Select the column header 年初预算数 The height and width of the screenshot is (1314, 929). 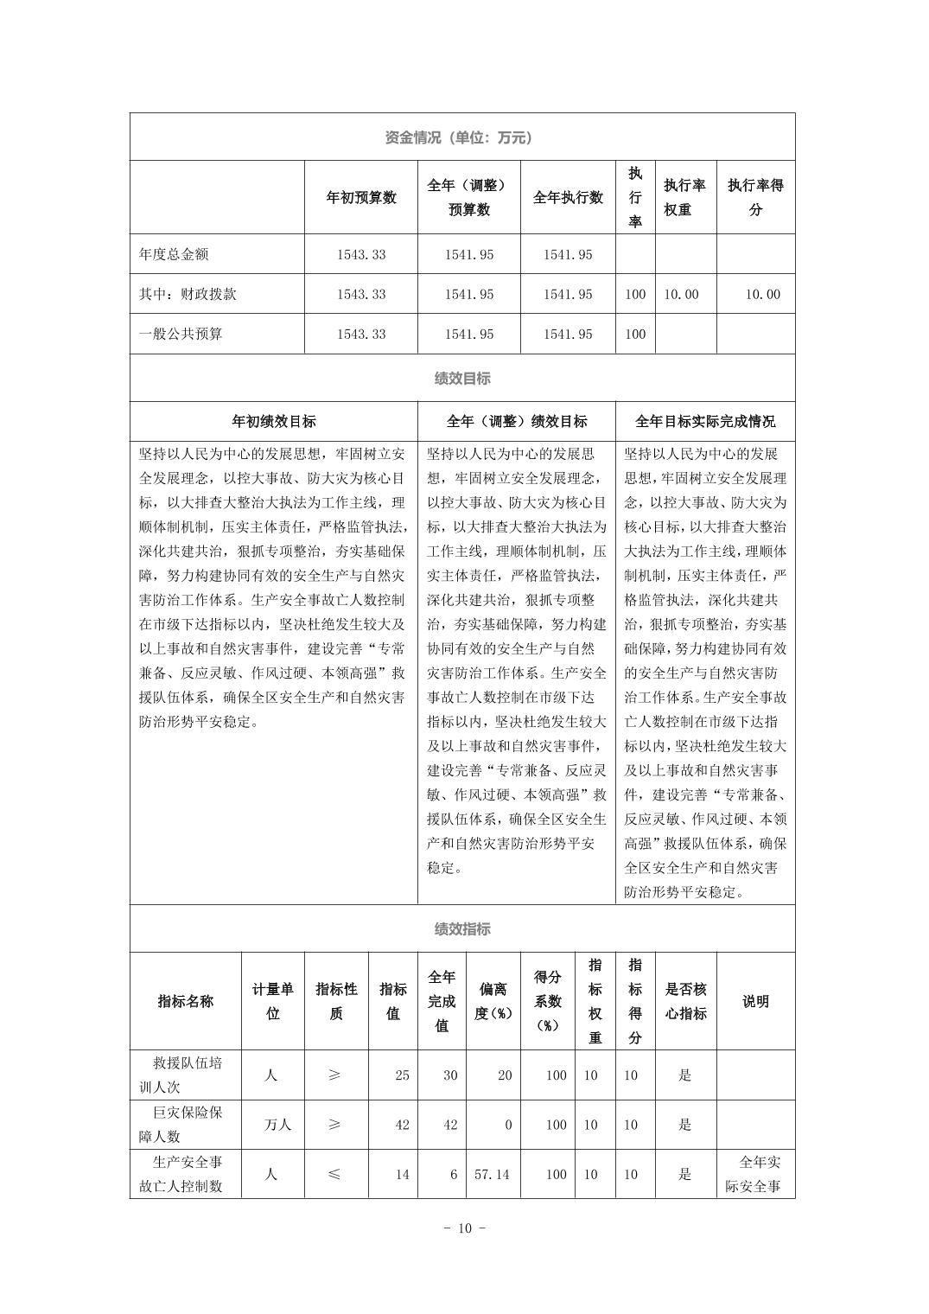coord(360,198)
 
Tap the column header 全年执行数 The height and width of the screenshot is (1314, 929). coord(568,198)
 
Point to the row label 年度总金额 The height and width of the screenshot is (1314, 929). coord(174,255)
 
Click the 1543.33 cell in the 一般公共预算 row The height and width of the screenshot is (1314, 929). coord(361,335)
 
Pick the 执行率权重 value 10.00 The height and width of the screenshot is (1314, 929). coord(681,295)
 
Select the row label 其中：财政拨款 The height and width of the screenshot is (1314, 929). coord(188,295)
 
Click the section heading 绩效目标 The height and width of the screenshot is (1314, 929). coord(462,379)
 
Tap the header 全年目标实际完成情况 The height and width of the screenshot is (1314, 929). coord(705,422)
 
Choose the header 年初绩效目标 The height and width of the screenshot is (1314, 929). coord(274,422)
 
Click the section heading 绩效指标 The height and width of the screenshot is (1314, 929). coord(462,929)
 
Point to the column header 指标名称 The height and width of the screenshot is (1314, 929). coord(186,1002)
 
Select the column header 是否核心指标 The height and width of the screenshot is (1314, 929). coord(685,1002)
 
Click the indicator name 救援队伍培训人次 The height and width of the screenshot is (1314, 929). coord(186,1075)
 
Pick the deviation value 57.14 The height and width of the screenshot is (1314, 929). coord(493,1175)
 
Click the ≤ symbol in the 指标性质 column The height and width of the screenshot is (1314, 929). coord(335,1175)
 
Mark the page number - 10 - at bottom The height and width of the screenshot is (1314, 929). coord(463,1228)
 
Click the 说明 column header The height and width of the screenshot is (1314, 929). coord(755,1002)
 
